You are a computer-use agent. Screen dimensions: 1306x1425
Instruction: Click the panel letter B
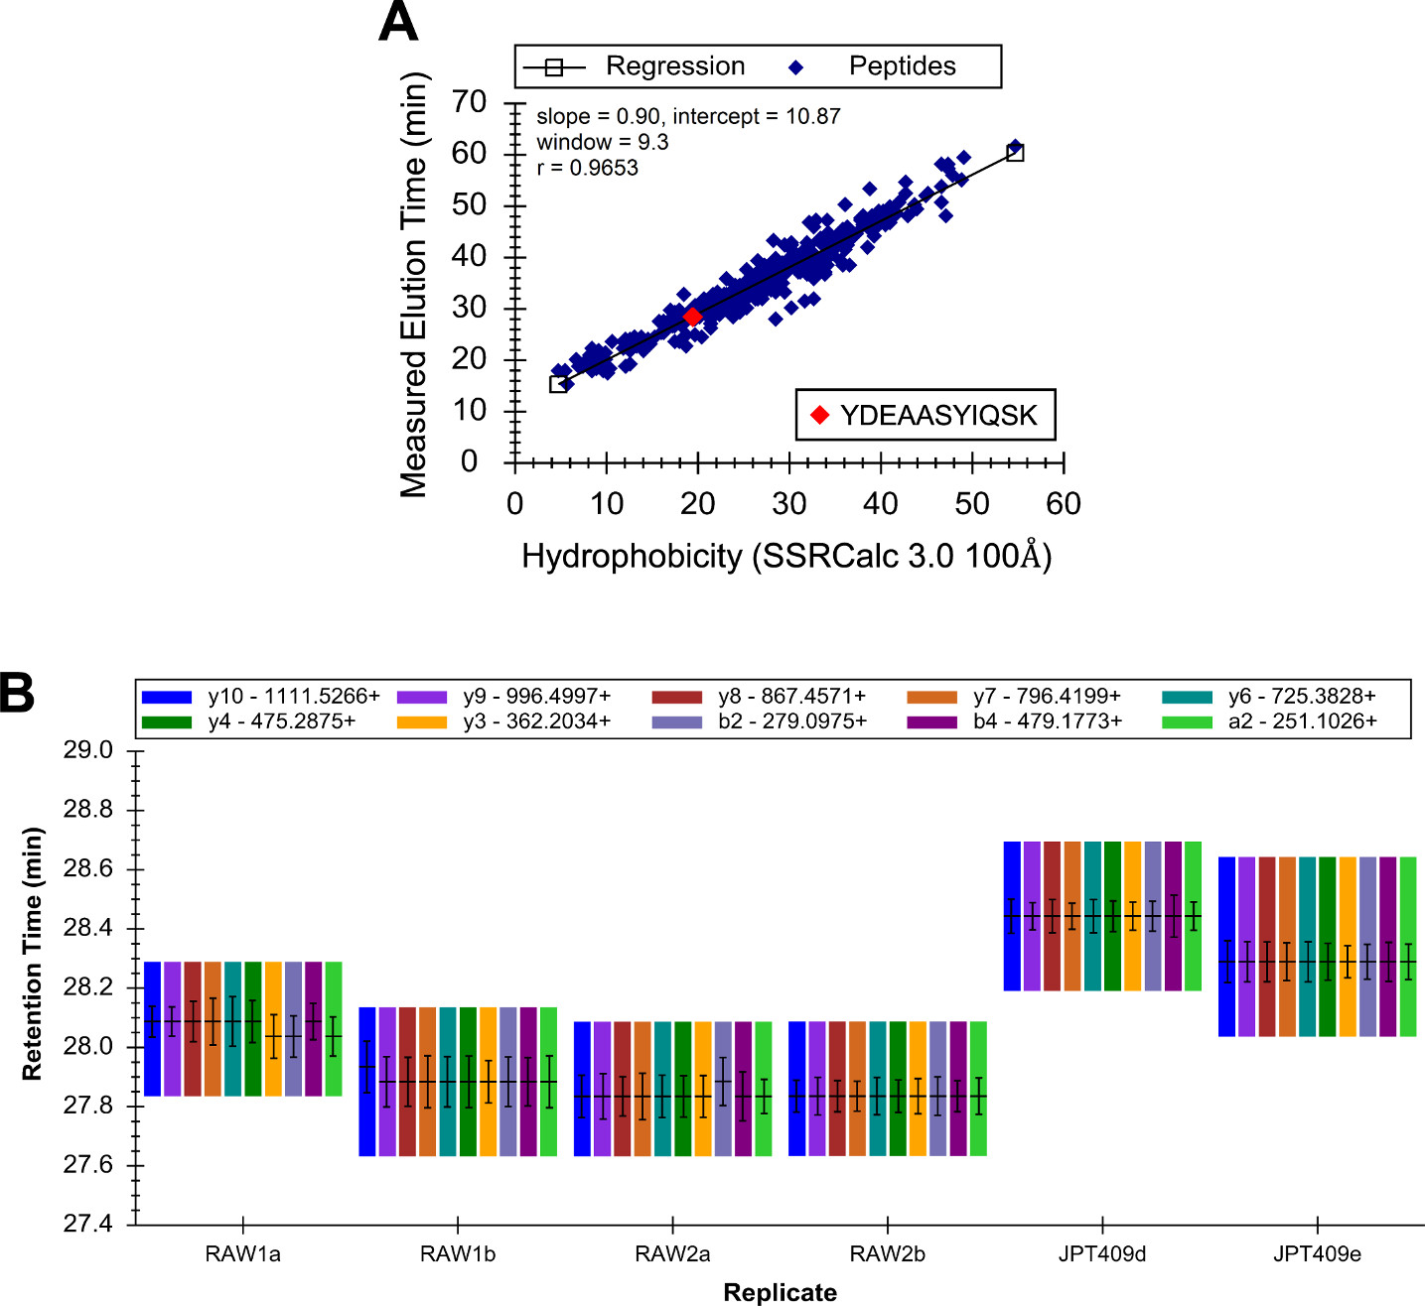(17, 694)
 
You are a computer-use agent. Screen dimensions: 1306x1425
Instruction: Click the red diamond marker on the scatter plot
(692, 317)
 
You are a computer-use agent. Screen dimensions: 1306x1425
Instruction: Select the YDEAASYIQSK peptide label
(938, 415)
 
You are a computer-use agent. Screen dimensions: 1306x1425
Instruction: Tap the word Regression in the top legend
(675, 66)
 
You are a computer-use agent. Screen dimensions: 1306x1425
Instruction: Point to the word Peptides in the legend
(902, 66)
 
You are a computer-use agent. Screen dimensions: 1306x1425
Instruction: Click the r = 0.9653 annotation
(587, 168)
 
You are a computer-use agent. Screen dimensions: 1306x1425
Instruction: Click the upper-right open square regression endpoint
(1015, 153)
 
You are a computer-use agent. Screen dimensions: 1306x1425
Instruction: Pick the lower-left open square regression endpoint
(558, 384)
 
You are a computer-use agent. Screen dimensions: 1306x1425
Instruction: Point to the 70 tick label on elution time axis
(469, 102)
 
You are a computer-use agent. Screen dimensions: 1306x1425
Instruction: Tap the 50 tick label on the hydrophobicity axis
(972, 504)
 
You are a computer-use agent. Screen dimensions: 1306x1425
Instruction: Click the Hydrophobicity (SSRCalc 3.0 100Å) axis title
(786, 556)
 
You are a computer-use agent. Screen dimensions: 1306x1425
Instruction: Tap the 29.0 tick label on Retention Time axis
(88, 750)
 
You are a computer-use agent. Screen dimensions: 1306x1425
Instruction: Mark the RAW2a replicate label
(672, 1254)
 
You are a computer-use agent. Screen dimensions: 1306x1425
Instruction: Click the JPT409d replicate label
(1102, 1254)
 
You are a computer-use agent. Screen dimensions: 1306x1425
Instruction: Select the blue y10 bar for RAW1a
(152, 1028)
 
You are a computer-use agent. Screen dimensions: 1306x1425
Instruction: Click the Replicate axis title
(780, 1292)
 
